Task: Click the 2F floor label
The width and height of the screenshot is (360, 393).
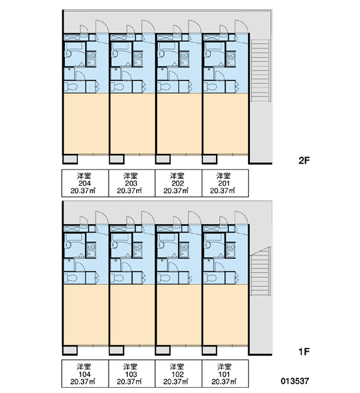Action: pyautogui.click(x=304, y=160)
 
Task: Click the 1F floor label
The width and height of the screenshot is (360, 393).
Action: pyautogui.click(x=304, y=352)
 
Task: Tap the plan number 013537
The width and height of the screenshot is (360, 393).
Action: pyautogui.click(x=295, y=381)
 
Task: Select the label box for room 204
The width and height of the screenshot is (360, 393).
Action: pyautogui.click(x=85, y=183)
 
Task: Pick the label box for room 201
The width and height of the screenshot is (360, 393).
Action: pyautogui.click(x=225, y=183)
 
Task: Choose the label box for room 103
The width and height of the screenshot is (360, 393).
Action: pyautogui.click(x=132, y=374)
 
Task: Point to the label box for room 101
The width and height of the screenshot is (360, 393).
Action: pyautogui.click(x=225, y=374)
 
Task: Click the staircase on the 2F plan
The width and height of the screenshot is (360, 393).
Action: pyautogui.click(x=261, y=71)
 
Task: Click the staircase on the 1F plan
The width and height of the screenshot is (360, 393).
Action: pyautogui.click(x=261, y=271)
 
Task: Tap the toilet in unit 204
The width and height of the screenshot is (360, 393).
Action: pyautogui.click(x=71, y=86)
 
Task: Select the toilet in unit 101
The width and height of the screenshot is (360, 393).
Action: pyautogui.click(x=211, y=278)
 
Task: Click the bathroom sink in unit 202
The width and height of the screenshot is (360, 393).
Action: pyautogui.click(x=160, y=54)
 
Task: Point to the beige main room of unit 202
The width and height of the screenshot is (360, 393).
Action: pyautogui.click(x=179, y=123)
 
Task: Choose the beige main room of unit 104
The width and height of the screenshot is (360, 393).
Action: pyautogui.click(x=86, y=314)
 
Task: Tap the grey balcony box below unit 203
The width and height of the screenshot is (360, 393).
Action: pyautogui.click(x=117, y=159)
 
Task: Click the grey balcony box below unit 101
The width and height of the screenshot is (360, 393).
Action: pyautogui.click(x=209, y=350)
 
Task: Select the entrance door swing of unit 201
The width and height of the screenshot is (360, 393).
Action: pyautogui.click(x=242, y=26)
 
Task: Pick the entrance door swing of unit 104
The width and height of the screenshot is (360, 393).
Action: pyautogui.click(x=102, y=217)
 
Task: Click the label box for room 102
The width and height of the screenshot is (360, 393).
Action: pyautogui.click(x=179, y=374)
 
